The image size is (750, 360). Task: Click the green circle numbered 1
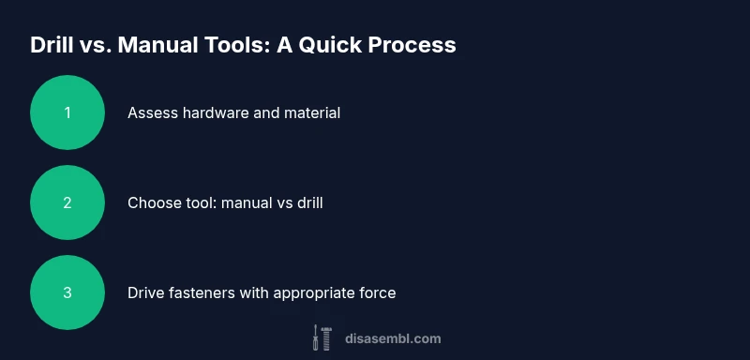pos(67,112)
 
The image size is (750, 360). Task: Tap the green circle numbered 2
pos(67,202)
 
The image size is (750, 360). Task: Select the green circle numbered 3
pos(67,292)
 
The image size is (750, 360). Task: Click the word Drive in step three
pos(146,292)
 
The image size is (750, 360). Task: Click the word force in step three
pos(377,292)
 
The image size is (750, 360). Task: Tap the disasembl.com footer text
pos(393,338)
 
